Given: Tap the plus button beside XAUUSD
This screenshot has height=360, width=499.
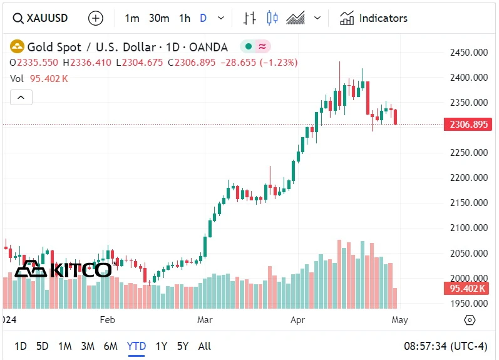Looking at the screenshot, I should (95, 18).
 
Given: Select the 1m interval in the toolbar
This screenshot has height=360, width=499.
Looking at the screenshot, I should (131, 18).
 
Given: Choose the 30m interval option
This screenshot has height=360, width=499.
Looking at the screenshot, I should (159, 18).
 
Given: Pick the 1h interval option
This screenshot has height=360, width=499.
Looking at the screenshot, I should (184, 18).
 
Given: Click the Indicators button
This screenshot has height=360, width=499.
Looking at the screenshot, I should (374, 18).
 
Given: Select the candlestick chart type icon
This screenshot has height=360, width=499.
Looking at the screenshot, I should (272, 18).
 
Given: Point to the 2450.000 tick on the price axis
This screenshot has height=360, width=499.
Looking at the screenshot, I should (469, 53).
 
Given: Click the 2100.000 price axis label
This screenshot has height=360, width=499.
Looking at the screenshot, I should (469, 228).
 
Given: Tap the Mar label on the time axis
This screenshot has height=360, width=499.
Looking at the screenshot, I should (205, 320).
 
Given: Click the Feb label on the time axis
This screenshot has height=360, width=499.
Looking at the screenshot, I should (108, 320).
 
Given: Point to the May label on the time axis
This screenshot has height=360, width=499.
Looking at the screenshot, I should (399, 320).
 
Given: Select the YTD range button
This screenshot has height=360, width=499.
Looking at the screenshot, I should (136, 346).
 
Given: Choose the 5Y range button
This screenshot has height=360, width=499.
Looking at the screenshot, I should (182, 346).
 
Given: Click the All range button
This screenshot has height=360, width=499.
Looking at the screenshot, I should (204, 346).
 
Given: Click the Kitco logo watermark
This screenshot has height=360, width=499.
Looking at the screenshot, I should (63, 269).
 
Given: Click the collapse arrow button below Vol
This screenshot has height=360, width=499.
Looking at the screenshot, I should (21, 97).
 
